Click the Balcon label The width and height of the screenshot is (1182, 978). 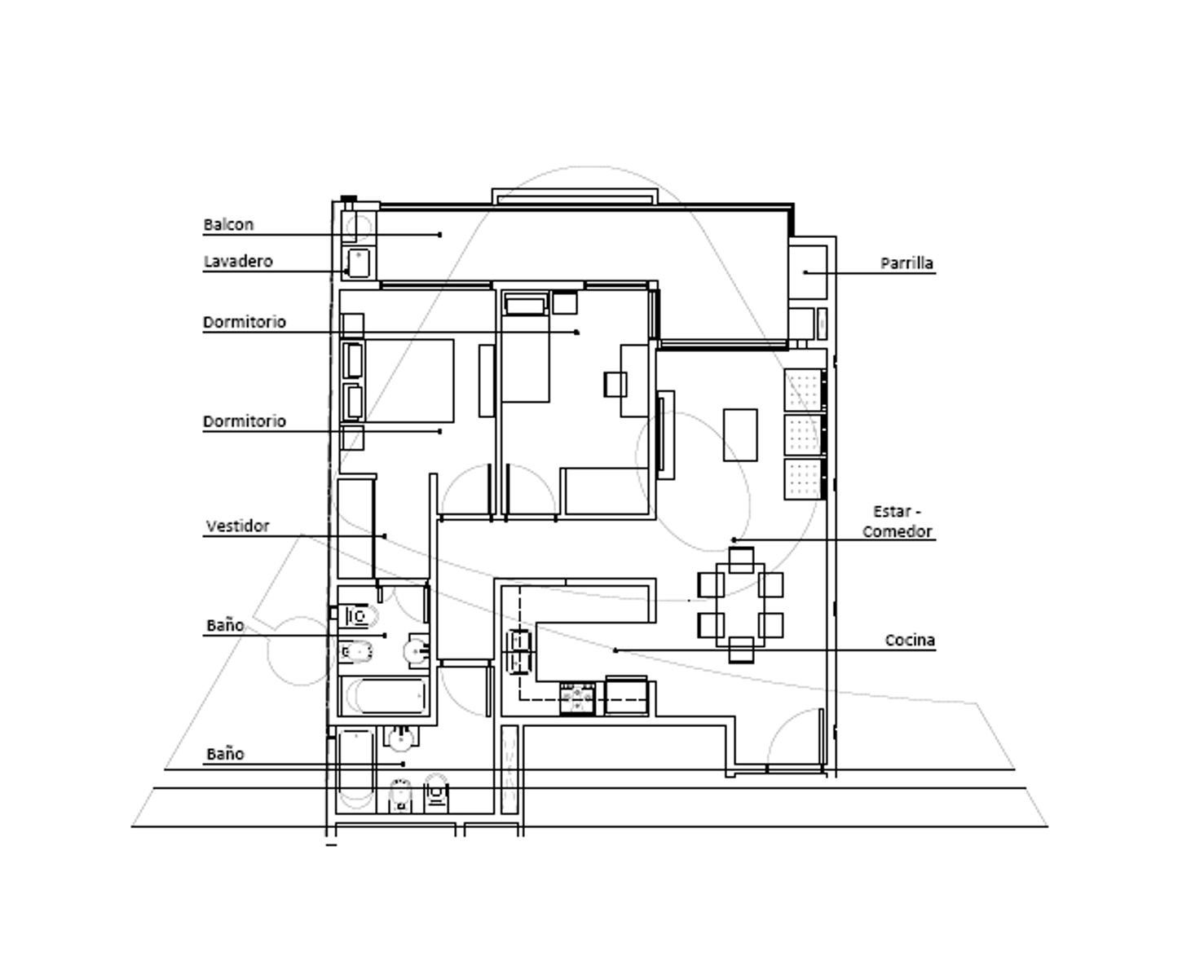229,225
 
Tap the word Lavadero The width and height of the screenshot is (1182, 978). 238,262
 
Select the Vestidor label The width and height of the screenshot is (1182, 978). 237,526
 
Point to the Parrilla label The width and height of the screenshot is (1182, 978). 906,263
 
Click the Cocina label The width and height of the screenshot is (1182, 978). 910,640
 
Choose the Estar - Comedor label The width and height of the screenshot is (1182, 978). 898,522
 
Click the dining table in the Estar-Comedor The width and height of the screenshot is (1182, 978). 740,605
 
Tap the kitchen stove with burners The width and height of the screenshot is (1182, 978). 577,698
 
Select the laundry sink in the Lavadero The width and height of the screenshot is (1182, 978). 359,263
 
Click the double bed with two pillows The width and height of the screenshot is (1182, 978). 398,381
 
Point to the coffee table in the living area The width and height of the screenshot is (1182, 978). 740,434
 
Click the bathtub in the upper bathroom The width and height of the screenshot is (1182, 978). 385,696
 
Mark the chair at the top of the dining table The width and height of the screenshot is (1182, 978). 741,560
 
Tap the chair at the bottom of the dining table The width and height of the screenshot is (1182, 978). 741,650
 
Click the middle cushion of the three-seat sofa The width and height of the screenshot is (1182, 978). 804,434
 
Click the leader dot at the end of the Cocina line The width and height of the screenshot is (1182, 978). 615,650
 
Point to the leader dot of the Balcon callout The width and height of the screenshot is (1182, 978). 440,235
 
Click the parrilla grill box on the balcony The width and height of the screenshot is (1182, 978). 808,271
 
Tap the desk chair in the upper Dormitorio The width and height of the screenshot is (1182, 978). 615,385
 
